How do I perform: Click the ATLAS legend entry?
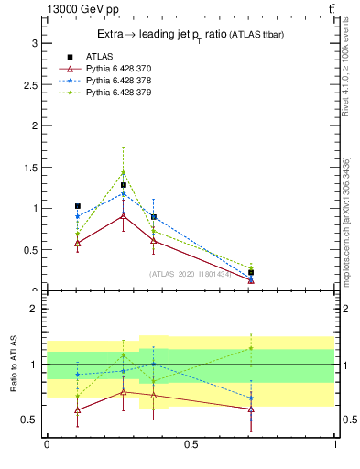(98, 56)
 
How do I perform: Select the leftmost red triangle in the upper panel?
(78, 243)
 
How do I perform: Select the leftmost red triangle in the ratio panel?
(78, 409)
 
